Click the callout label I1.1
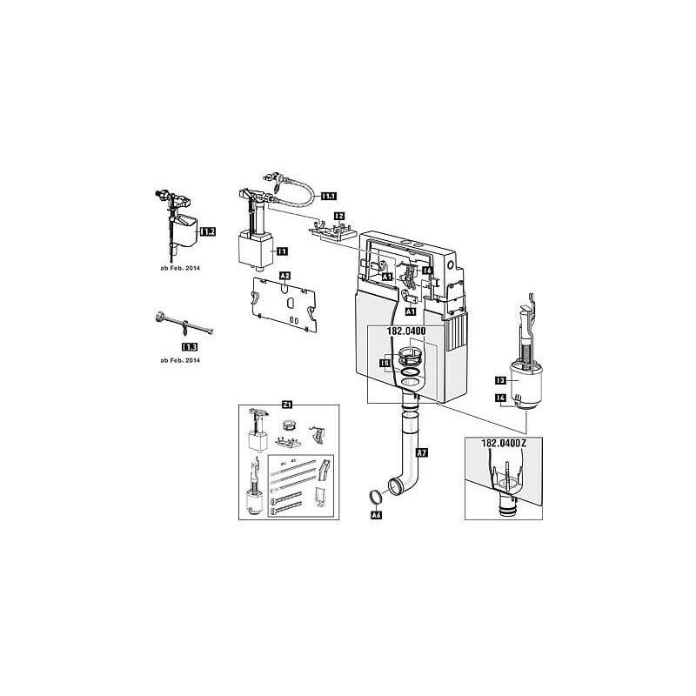pyautogui.click(x=330, y=197)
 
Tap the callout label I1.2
pyautogui.click(x=207, y=231)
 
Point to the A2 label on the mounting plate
pyautogui.click(x=284, y=277)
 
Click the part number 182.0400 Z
pyautogui.click(x=499, y=443)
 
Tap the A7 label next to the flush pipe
pyautogui.click(x=422, y=452)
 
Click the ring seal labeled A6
pyautogui.click(x=374, y=499)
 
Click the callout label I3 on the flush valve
pyautogui.click(x=500, y=380)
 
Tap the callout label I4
pyautogui.click(x=500, y=398)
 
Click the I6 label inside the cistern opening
pyautogui.click(x=427, y=271)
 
